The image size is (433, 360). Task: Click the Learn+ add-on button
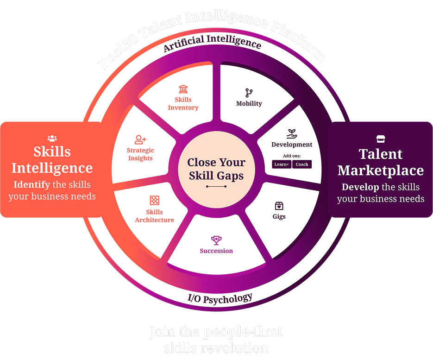pos(282,164)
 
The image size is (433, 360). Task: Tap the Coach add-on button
pos(302,164)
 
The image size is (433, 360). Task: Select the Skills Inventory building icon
pos(183,89)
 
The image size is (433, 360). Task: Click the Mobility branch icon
pos(249,93)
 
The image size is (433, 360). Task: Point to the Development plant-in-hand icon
pos(292,134)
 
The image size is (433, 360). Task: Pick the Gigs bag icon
pos(279,206)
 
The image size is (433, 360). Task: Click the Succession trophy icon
pos(216,240)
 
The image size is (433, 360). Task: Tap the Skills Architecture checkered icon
pos(154,201)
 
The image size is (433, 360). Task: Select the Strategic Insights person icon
pos(140,139)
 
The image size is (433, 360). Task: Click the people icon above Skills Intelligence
pos(52,138)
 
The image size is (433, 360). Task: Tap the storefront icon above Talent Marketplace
pos(381,139)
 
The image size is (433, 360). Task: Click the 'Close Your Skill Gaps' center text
pos(216,169)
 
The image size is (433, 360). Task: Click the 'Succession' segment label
pos(216,251)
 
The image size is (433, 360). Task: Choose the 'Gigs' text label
pos(279,216)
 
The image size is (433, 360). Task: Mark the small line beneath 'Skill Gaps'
pos(216,187)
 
